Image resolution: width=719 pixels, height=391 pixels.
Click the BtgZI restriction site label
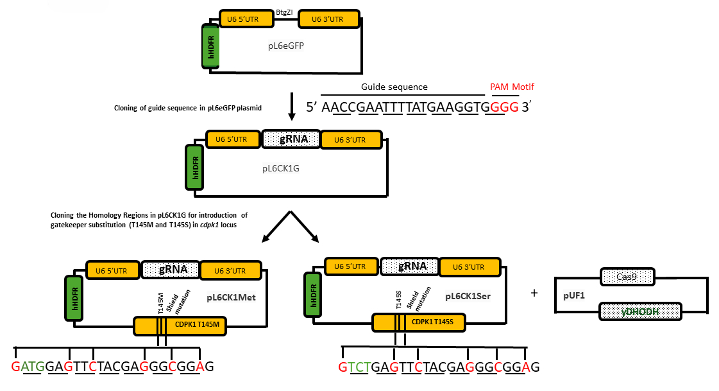click(x=284, y=12)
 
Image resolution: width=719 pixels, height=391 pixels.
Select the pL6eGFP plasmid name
click(x=286, y=46)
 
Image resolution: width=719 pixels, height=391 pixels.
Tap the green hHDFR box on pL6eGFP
click(x=211, y=47)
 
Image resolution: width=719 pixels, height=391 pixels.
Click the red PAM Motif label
click(x=512, y=87)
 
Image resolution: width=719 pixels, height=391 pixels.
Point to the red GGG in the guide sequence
click(x=504, y=107)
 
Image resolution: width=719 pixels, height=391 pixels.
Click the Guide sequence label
click(x=394, y=87)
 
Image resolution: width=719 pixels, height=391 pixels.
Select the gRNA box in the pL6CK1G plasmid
click(x=291, y=139)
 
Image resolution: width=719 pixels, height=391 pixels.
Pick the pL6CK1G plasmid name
click(x=281, y=168)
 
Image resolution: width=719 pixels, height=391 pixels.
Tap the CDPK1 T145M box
click(x=180, y=326)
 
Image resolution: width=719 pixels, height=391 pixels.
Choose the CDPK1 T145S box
click(x=419, y=322)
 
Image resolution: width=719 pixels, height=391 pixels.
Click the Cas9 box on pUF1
click(x=627, y=277)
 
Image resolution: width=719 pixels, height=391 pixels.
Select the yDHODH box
click(x=640, y=311)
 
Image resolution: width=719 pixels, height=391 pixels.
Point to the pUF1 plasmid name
click(x=574, y=295)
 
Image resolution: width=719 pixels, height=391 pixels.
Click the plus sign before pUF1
click(x=534, y=293)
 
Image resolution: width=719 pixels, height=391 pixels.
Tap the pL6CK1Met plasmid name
click(x=231, y=297)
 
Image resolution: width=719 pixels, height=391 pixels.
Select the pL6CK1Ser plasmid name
click(x=468, y=296)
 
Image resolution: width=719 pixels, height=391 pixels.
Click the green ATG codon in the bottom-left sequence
click(x=33, y=366)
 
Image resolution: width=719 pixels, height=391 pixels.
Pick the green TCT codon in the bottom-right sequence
click(x=359, y=367)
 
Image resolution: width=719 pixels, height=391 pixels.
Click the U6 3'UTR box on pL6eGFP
click(x=328, y=19)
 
